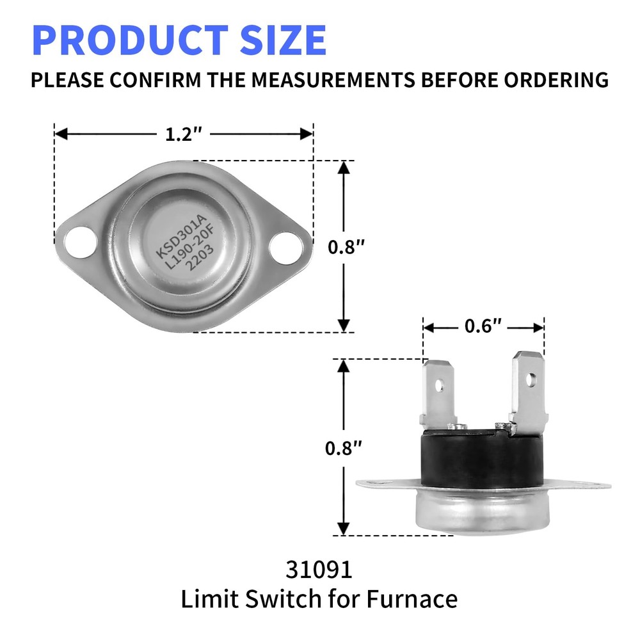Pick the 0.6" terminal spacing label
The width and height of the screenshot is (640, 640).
click(x=483, y=327)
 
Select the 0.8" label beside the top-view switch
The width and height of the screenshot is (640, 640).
click(x=344, y=246)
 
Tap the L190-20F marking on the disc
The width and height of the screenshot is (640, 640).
click(x=181, y=248)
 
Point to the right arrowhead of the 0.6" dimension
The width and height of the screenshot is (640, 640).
click(x=539, y=327)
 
